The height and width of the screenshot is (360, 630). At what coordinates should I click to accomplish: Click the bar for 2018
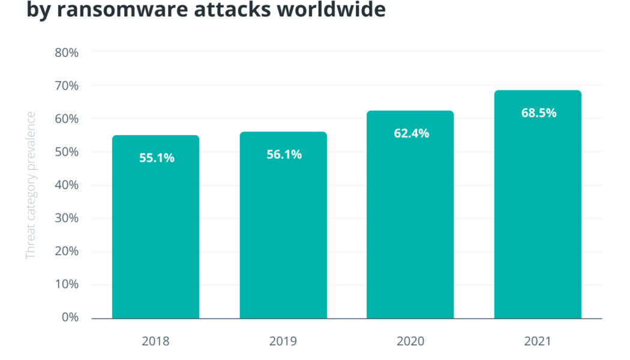click(155, 228)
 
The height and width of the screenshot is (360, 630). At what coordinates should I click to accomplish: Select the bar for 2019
click(283, 228)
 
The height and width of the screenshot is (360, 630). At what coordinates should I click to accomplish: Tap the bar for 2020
click(410, 216)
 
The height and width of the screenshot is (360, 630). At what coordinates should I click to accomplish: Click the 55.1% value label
click(157, 158)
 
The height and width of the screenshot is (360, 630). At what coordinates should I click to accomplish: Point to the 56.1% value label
click(284, 155)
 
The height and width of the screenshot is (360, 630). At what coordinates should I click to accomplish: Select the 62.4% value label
click(411, 134)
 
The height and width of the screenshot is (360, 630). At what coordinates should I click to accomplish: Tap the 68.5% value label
click(538, 113)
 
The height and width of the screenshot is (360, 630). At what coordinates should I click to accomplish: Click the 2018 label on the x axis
click(155, 341)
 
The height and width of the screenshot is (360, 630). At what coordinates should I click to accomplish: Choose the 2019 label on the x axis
click(283, 341)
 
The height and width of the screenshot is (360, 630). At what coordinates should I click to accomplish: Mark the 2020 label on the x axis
click(410, 341)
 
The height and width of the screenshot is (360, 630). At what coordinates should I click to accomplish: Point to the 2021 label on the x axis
click(538, 341)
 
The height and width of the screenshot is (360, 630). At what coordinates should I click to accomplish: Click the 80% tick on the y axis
click(67, 52)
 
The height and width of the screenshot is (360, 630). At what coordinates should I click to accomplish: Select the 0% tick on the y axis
click(70, 317)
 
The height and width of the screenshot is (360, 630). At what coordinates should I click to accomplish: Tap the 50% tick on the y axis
click(67, 152)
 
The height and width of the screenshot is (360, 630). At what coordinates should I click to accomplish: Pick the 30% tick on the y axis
click(67, 218)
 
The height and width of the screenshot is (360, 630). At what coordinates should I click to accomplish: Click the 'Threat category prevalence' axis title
click(31, 185)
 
